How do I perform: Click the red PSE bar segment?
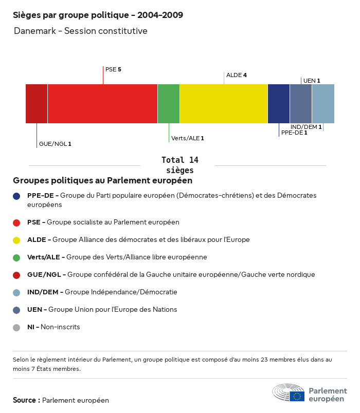[x=102, y=104]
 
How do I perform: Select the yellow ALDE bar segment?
[x=224, y=104]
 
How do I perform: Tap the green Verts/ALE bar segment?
[x=169, y=104]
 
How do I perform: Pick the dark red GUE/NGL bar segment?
[x=37, y=104]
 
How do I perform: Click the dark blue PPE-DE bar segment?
[x=279, y=104]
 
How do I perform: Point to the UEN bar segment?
[x=301, y=104]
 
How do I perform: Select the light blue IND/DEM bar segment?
[x=323, y=104]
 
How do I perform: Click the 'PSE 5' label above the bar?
[x=113, y=69]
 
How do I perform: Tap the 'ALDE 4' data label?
[x=237, y=75]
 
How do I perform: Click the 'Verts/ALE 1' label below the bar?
[x=188, y=138]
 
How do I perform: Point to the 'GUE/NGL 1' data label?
[x=55, y=144]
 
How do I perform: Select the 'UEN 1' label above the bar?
[x=312, y=81]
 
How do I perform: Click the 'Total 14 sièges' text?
[x=180, y=165]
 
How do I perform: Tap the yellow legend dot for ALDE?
[x=17, y=240]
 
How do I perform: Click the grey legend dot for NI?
[x=17, y=327]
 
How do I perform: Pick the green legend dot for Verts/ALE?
[x=17, y=257]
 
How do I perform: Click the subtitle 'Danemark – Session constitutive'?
[x=81, y=31]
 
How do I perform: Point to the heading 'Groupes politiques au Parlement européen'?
[x=103, y=180]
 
